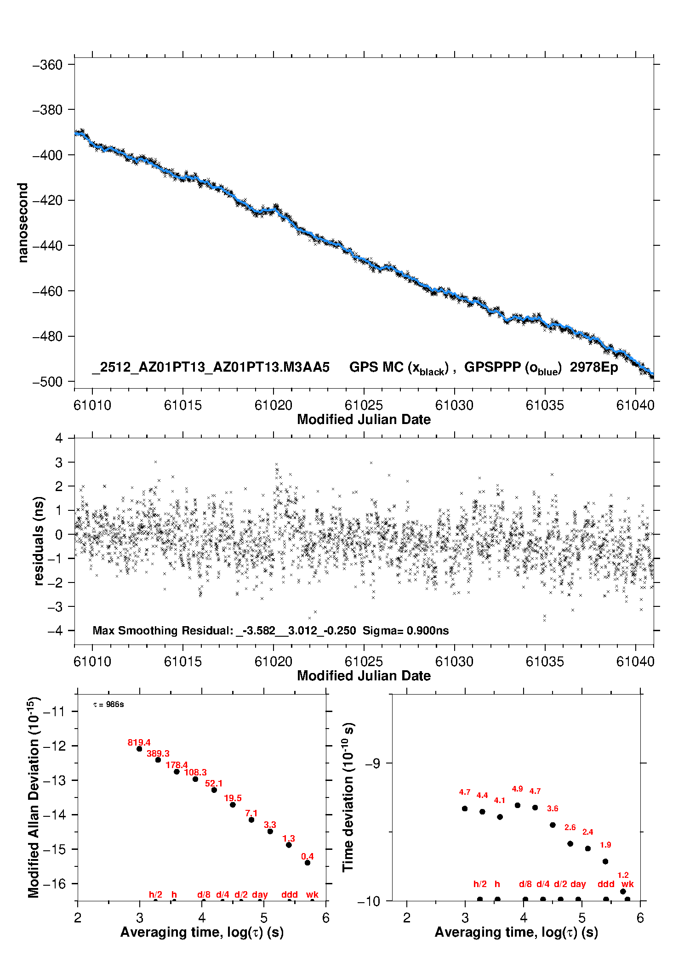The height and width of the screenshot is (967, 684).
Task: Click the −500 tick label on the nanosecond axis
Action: point(47,382)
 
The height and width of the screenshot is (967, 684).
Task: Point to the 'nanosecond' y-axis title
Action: point(23,222)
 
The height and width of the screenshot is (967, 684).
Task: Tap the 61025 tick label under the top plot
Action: point(364,405)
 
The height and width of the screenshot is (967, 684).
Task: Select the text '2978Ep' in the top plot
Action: point(594,368)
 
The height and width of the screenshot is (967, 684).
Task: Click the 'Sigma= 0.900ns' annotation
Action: point(405,630)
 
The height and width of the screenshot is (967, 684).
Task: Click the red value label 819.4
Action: point(139,742)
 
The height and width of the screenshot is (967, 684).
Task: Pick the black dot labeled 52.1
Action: point(214,790)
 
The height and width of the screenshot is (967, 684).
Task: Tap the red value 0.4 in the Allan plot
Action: point(307,856)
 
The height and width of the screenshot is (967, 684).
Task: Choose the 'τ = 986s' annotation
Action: point(108,704)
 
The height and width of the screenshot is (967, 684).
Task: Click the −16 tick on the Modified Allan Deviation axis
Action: point(54,883)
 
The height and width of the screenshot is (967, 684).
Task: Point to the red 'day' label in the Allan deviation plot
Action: point(260,894)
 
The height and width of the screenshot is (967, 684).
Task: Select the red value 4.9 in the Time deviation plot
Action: point(517,789)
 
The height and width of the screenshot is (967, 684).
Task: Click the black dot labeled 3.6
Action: point(553,825)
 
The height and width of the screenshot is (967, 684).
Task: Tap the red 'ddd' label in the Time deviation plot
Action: point(606,884)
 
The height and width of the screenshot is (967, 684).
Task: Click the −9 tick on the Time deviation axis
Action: point(372,763)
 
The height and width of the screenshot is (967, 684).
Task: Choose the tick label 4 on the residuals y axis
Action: point(59,438)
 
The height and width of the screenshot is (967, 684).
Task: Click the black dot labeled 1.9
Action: point(605,861)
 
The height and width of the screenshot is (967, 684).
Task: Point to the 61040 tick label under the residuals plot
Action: point(635,662)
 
